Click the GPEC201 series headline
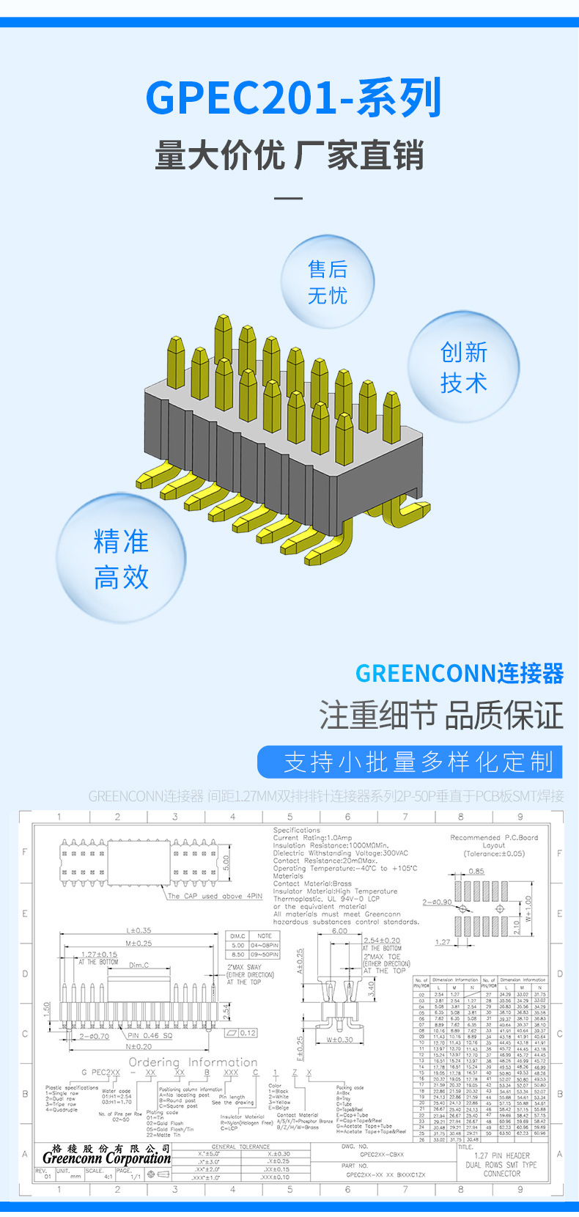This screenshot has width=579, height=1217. (x=293, y=98)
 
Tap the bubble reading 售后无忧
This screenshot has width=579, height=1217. (x=327, y=282)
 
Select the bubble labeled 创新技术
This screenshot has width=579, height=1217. (x=463, y=367)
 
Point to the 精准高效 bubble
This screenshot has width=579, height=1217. (x=121, y=559)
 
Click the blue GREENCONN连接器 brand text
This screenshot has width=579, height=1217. (x=459, y=673)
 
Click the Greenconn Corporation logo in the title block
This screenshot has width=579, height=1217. (x=106, y=1158)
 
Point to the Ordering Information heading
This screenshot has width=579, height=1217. (x=193, y=1062)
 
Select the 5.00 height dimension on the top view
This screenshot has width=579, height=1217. (x=226, y=863)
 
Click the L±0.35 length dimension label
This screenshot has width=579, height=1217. (x=139, y=930)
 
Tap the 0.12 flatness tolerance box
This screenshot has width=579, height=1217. (x=248, y=1033)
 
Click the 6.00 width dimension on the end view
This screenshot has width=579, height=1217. (x=339, y=931)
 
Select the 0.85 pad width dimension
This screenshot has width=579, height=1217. (x=476, y=872)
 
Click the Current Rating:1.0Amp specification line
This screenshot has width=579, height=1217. (x=312, y=837)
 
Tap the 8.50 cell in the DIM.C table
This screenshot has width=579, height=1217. (x=238, y=955)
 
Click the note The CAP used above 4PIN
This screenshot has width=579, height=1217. (x=214, y=896)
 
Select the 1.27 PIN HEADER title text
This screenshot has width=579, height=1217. (x=502, y=1155)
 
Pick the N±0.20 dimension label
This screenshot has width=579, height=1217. (x=139, y=1047)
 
